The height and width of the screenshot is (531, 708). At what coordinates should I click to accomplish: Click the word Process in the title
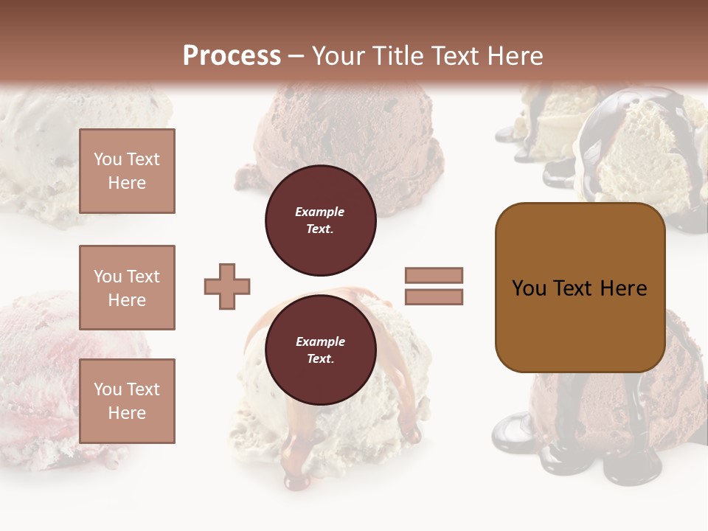pos(232,56)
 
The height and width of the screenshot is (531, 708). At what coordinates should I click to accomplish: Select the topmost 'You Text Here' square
pos(127,171)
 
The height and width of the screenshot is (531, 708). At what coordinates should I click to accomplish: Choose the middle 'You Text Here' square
pos(127,288)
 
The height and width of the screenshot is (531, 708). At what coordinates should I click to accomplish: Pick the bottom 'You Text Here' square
pos(127,401)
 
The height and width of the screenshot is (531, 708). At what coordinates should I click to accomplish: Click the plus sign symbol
pos(227,286)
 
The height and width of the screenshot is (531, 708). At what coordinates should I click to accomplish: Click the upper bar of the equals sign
pos(434,275)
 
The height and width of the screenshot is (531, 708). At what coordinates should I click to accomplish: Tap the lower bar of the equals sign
pos(434,297)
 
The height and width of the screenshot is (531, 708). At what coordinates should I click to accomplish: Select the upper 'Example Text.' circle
pos(320,221)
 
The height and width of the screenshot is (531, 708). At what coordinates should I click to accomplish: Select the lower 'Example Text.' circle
pos(320,350)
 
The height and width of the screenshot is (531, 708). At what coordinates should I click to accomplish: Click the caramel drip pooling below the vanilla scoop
pos(296,472)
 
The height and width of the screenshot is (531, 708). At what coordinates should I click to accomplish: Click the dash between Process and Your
pos(296,57)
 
